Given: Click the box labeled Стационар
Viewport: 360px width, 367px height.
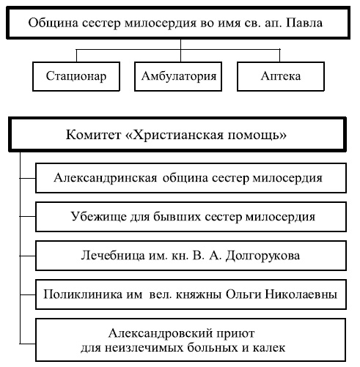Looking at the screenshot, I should click(x=76, y=76).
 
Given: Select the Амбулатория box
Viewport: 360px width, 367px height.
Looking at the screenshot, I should click(x=180, y=76).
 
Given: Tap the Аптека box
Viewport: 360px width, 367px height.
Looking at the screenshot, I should click(x=281, y=76).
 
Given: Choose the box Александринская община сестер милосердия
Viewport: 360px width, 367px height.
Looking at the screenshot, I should click(x=190, y=177).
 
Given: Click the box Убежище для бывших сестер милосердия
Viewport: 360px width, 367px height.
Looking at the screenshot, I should click(x=190, y=217).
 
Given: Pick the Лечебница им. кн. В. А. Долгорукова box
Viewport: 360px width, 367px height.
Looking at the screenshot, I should click(x=190, y=256).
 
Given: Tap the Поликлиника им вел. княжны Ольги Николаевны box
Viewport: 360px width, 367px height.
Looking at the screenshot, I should click(x=190, y=295).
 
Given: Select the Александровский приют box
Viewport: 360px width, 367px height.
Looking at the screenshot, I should click(x=190, y=339).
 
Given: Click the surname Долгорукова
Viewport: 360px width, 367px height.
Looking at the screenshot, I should click(x=264, y=256).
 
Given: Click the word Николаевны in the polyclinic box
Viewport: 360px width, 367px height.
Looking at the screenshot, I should click(x=303, y=295).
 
